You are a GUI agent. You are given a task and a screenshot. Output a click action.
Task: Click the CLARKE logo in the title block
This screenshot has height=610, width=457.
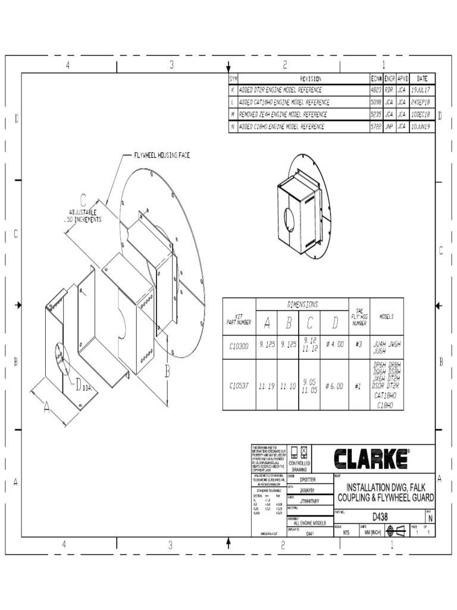pos(371,459)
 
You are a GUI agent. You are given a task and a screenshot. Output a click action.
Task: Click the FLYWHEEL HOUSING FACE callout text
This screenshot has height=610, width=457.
pos(161,155)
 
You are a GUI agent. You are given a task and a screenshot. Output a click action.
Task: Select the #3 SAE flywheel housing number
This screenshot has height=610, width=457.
pos(358,345)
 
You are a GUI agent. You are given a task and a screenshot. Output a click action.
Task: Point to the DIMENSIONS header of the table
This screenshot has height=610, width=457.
pos(302,304)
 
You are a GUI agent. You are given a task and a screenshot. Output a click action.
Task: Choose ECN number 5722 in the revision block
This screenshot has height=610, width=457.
pos(375,126)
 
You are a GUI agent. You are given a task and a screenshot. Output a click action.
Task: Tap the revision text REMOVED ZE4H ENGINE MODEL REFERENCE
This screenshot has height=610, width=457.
pos(283,114)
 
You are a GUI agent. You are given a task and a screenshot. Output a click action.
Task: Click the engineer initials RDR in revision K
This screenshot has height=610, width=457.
pos(390,89)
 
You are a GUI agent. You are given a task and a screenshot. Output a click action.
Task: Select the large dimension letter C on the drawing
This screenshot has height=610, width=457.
pos(83,201)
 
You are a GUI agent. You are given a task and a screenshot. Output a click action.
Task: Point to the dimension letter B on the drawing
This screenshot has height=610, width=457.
pos(168,372)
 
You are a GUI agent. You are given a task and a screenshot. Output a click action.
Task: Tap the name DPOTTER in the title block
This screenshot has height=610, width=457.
pos(308,479)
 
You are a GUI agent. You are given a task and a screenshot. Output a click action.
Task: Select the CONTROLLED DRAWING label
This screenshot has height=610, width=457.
pos(299,466)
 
